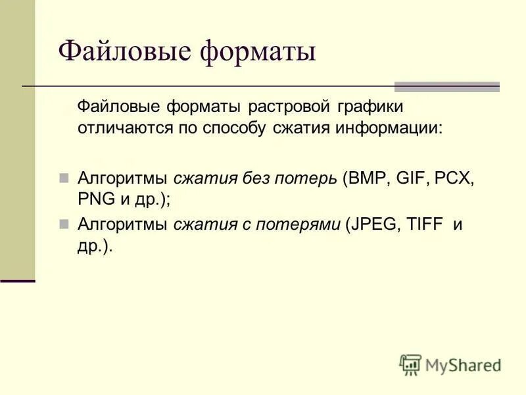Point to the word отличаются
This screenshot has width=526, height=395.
point(124,128)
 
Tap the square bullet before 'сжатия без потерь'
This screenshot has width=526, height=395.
point(64,178)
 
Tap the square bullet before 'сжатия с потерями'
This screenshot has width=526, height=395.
point(64,224)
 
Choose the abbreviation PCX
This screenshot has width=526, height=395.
point(453,178)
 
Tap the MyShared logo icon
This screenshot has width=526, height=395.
point(410,365)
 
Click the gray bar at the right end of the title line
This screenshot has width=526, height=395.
point(446,87)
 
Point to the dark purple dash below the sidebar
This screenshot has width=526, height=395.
point(17,280)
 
